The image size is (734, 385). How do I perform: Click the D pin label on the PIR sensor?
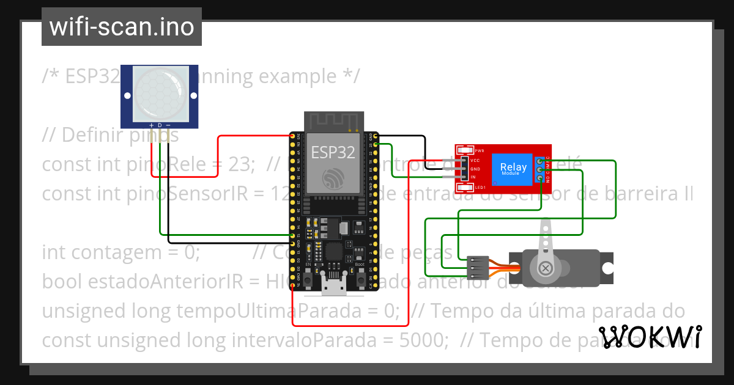click(x=160, y=125)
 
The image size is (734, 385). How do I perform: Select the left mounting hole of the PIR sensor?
click(x=128, y=96)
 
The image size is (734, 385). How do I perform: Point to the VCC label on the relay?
click(x=475, y=159)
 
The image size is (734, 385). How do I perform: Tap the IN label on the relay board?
click(x=473, y=177)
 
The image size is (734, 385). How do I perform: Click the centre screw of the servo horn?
click(x=544, y=267)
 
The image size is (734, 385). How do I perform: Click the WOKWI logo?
click(x=650, y=337)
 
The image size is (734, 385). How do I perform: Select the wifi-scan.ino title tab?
click(x=121, y=27)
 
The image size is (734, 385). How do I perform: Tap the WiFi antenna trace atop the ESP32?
click(x=334, y=121)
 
